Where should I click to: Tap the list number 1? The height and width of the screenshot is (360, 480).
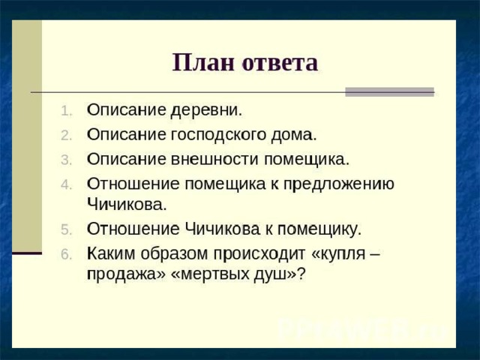point(67,111)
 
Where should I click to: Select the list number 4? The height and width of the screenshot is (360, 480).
point(67,185)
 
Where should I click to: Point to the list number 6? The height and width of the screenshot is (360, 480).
point(67,254)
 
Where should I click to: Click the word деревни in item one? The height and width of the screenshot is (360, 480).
point(206,110)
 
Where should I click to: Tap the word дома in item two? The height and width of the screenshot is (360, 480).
point(293,135)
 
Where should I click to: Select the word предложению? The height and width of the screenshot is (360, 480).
point(338,184)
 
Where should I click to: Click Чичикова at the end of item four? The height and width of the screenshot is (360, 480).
point(127,204)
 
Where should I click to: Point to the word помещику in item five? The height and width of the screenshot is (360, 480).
point(319,229)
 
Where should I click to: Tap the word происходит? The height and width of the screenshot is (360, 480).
point(259,254)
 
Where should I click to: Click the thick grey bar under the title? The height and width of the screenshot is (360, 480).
point(390,91)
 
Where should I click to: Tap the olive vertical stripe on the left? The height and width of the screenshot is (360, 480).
point(27,136)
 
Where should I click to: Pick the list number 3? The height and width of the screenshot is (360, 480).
point(67,160)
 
